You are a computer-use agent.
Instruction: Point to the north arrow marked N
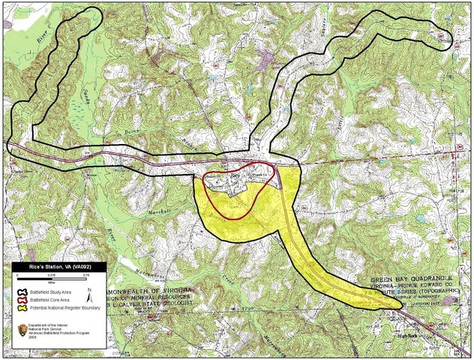[89, 295]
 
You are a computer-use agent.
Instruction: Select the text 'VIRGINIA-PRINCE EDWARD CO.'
[412, 286]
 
